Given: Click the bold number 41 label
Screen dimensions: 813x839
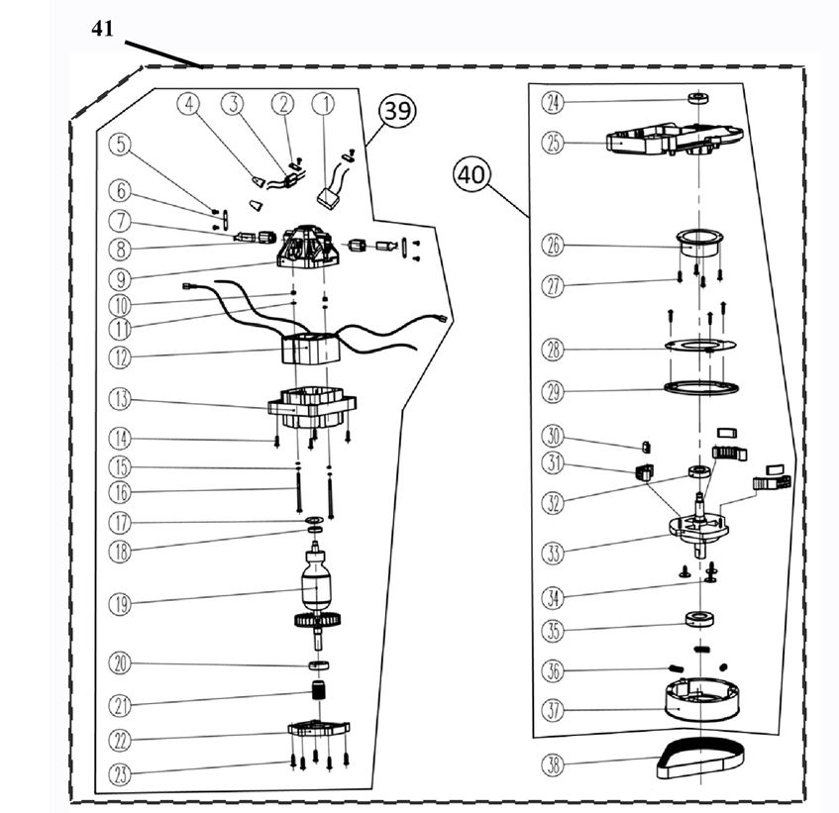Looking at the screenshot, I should coord(103,30).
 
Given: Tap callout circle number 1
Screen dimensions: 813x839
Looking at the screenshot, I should coord(324,103).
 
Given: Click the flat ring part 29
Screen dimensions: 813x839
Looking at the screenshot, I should coord(698,386).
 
